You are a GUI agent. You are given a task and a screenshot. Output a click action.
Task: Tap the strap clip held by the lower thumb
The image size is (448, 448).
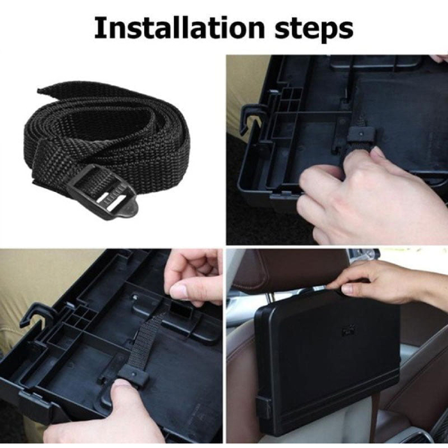click(x=134, y=377)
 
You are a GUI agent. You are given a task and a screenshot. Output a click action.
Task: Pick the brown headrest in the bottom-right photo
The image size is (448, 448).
click(x=285, y=271)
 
